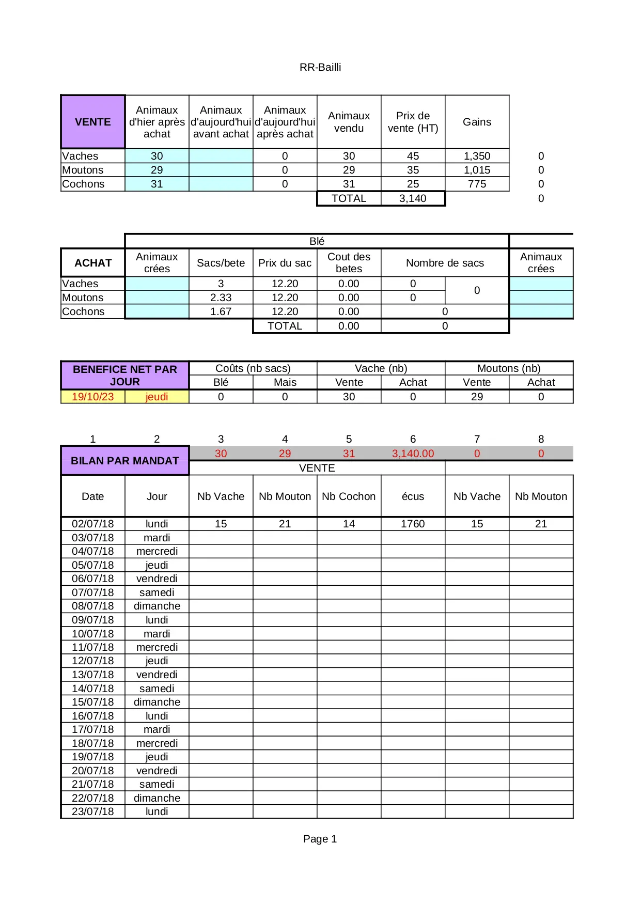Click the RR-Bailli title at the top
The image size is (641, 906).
pos(320,67)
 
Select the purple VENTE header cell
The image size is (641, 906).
pos(93,122)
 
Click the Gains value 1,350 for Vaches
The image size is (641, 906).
pos(477,156)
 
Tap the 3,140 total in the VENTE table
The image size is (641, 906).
pos(413,198)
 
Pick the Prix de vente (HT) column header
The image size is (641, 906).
pos(413,122)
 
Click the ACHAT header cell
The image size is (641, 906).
pos(93,263)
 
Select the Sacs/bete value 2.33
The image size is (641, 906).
pos(221,298)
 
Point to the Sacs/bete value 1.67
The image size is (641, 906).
pos(221,311)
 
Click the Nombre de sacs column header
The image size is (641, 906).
pos(445,263)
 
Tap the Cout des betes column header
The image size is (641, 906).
pos(349,263)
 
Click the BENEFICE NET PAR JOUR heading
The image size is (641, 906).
pos(125,376)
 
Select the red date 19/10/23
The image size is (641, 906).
pos(93,397)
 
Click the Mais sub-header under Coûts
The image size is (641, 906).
pos(285,382)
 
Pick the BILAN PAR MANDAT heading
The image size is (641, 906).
pos(125,461)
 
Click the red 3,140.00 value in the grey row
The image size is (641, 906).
pos(413,454)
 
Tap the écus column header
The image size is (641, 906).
pos(413,496)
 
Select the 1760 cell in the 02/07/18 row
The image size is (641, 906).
pos(413,524)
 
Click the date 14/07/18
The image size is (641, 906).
pos(93,689)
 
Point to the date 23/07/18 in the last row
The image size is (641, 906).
pos(93,811)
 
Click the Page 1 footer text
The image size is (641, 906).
pos(320,839)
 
